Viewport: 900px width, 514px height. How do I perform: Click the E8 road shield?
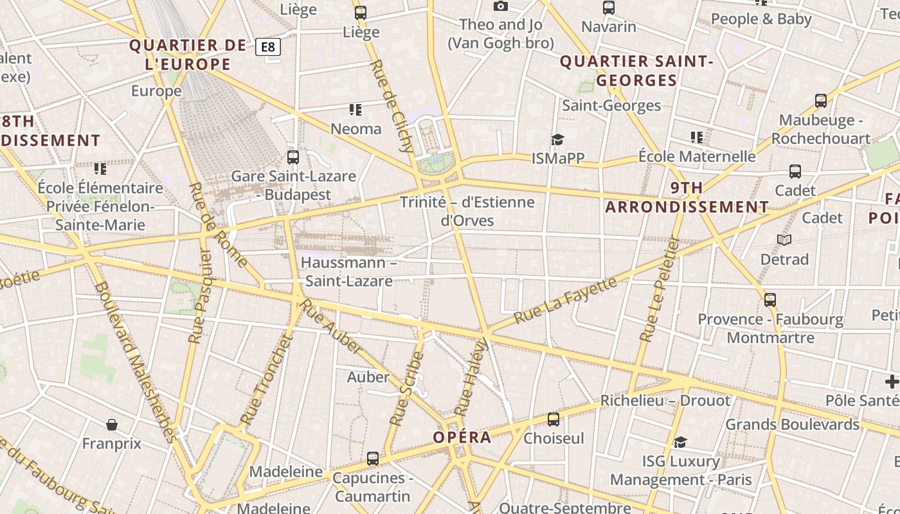click(x=268, y=47)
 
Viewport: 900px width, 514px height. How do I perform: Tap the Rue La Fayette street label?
click(x=565, y=301)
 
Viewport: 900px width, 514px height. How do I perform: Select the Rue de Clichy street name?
click(x=393, y=105)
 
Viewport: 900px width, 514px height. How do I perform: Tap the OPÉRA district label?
click(x=462, y=438)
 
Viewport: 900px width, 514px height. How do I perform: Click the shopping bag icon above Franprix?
click(x=112, y=425)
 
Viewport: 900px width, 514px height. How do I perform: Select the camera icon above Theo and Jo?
click(x=501, y=6)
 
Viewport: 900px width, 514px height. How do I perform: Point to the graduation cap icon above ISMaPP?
click(x=557, y=139)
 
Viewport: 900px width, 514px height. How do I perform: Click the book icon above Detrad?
click(x=784, y=240)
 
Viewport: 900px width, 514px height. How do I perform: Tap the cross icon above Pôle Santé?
click(x=892, y=382)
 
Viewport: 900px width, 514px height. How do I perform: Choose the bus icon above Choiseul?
click(x=553, y=420)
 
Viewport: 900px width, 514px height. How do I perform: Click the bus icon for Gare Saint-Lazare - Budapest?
click(x=293, y=157)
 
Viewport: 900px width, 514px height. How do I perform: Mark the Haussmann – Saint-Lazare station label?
click(x=348, y=272)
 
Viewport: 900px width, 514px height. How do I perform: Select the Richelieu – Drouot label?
click(x=665, y=401)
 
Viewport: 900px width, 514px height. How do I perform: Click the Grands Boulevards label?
click(x=792, y=425)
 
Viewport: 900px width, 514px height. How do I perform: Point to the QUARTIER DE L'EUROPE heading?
click(x=188, y=55)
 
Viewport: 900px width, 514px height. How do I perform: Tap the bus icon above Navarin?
click(x=609, y=8)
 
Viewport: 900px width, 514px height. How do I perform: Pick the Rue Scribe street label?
click(x=406, y=389)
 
